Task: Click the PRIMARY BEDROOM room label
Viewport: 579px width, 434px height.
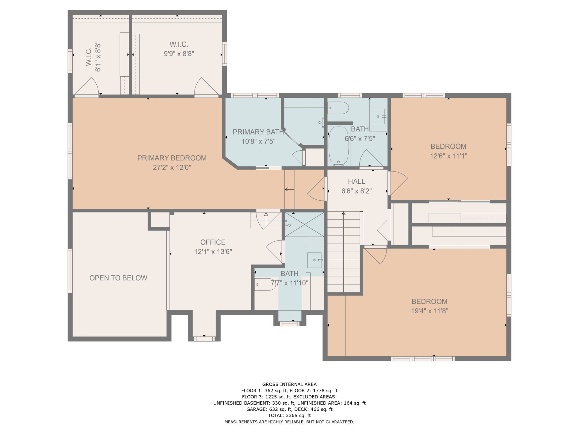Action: [172, 158]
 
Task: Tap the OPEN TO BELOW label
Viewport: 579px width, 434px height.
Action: [118, 278]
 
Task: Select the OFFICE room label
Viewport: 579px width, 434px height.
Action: [213, 242]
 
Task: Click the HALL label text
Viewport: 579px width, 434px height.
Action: [357, 181]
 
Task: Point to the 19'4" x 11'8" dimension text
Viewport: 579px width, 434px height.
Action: [429, 311]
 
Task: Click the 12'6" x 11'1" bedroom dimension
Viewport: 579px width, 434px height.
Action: [448, 156]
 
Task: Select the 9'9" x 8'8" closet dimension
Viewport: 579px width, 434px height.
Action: [179, 54]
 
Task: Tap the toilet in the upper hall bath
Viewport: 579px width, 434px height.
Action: [338, 108]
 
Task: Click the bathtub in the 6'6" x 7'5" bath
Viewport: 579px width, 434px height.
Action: [339, 146]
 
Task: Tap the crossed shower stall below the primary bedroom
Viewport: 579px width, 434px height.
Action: [304, 224]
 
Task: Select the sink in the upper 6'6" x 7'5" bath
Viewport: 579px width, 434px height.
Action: [378, 116]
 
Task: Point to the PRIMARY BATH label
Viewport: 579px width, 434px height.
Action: [258, 132]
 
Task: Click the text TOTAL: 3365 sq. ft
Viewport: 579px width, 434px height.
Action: [289, 415]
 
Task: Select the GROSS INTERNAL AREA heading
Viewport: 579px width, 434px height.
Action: [289, 384]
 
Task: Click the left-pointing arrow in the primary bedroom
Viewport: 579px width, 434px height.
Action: [289, 189]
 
